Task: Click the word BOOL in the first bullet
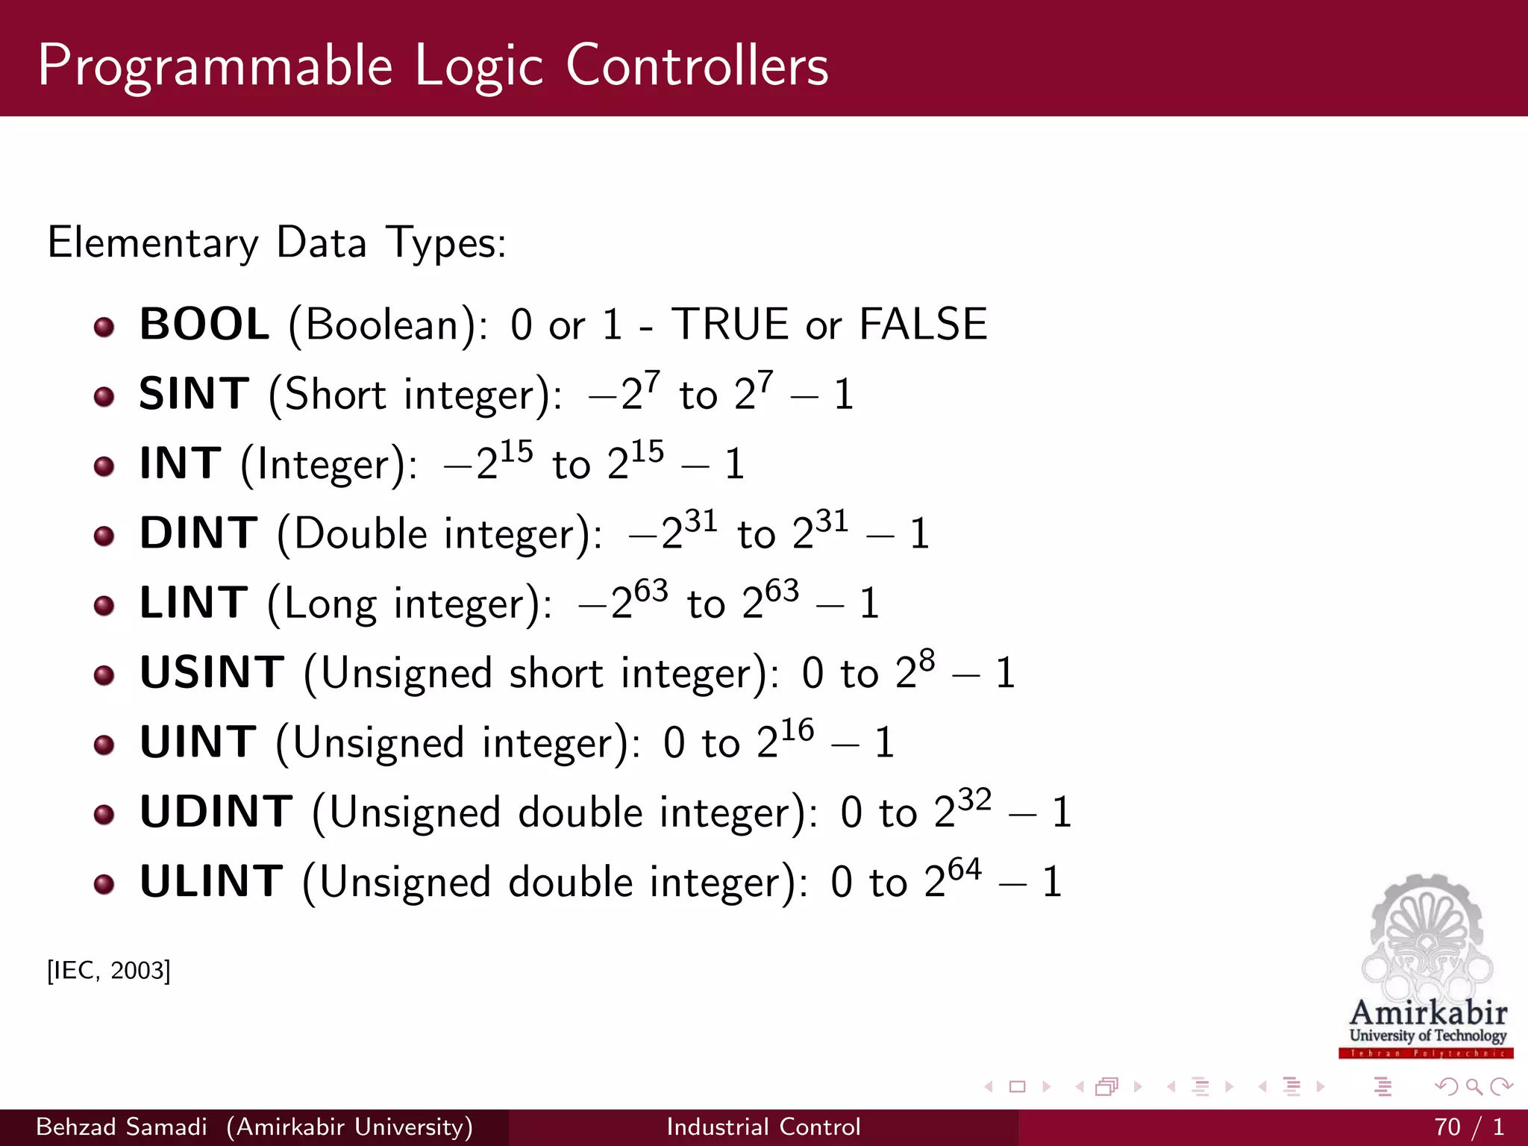pos(204,325)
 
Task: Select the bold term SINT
pos(194,394)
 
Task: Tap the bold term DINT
pos(198,533)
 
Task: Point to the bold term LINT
pos(193,603)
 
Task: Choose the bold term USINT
pos(212,672)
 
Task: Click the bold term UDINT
pos(216,812)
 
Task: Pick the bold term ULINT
pos(211,881)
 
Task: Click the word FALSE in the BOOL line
pos(923,325)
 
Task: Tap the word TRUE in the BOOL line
pos(730,325)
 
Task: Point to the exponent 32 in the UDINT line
pos(974,800)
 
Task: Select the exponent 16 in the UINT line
pos(797,730)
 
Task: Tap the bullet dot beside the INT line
pos(104,467)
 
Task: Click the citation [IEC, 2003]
pos(109,971)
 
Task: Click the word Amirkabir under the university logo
pos(1428,1012)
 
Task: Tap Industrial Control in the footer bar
pos(763,1127)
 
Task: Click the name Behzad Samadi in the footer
pos(122,1127)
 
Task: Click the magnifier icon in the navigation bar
pos(1474,1087)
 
